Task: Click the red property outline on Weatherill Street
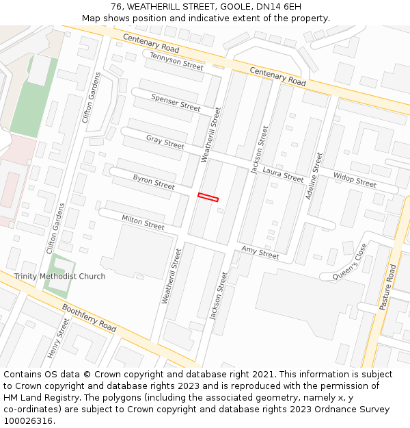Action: pyautogui.click(x=208, y=198)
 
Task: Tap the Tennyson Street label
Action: pyautogui.click(x=176, y=61)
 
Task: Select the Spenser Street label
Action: pyautogui.click(x=176, y=103)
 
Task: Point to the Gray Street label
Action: pyautogui.click(x=165, y=142)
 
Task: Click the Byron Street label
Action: pyautogui.click(x=154, y=181)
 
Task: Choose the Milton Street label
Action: pyautogui.click(x=143, y=222)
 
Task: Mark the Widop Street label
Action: pyautogui.click(x=355, y=179)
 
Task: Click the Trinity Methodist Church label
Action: pyautogui.click(x=59, y=277)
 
